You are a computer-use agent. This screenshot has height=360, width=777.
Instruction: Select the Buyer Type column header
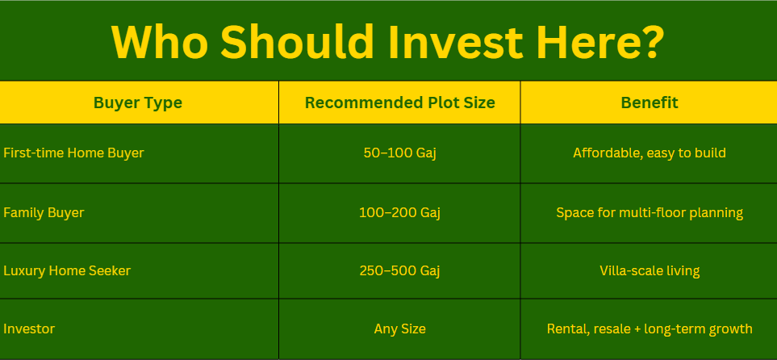[138, 103]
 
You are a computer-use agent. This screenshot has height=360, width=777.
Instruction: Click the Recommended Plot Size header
[399, 103]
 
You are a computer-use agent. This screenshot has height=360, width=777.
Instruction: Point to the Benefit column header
[649, 103]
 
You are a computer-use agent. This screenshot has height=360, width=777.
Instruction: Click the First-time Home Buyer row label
[73, 153]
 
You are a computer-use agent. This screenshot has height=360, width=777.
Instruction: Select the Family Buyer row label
[44, 213]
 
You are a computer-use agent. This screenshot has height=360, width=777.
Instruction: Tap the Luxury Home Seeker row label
[67, 271]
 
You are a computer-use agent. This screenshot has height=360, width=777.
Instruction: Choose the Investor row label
[29, 329]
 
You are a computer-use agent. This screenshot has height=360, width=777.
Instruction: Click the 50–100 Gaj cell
[399, 153]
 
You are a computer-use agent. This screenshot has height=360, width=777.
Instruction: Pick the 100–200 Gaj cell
[399, 213]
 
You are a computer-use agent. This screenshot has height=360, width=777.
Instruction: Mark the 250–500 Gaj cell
[399, 271]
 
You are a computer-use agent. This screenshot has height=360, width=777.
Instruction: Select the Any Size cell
[399, 329]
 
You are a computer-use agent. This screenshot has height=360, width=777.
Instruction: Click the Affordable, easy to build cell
[649, 153]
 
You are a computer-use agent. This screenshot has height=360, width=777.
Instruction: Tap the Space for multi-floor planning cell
[649, 213]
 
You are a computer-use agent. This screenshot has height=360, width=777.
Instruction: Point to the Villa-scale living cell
[649, 271]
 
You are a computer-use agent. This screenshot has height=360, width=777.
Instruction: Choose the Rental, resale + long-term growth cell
[649, 329]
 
